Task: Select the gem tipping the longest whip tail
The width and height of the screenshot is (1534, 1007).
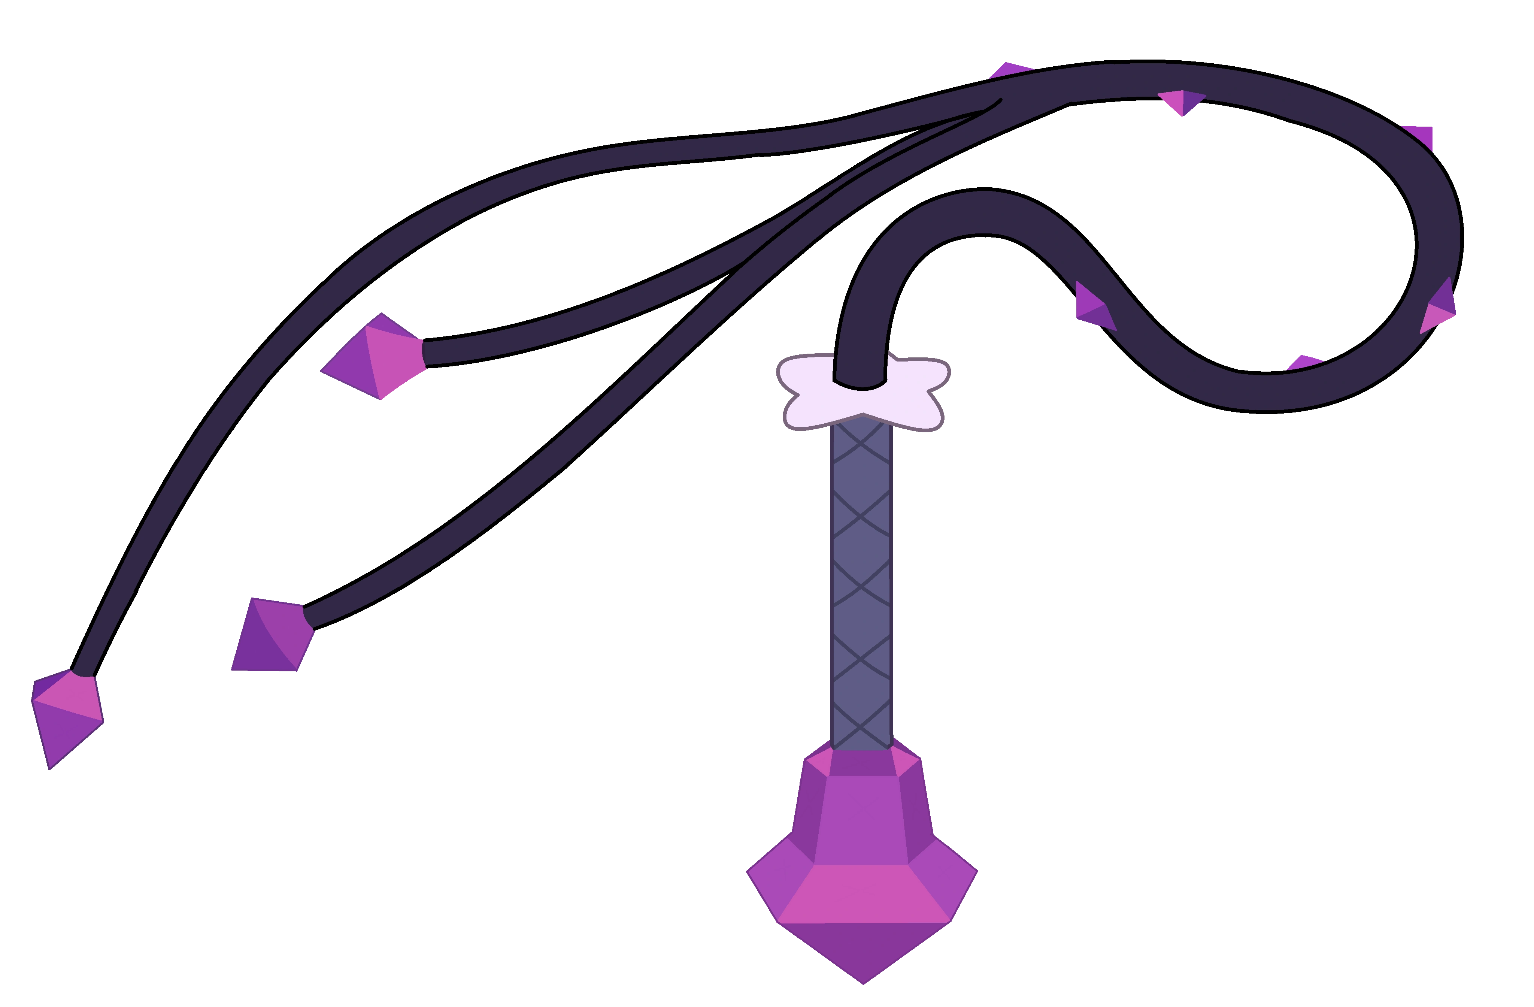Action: [66, 716]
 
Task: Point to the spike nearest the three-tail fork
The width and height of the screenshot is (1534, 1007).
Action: [1011, 70]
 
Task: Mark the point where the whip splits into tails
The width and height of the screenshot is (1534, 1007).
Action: [996, 103]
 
